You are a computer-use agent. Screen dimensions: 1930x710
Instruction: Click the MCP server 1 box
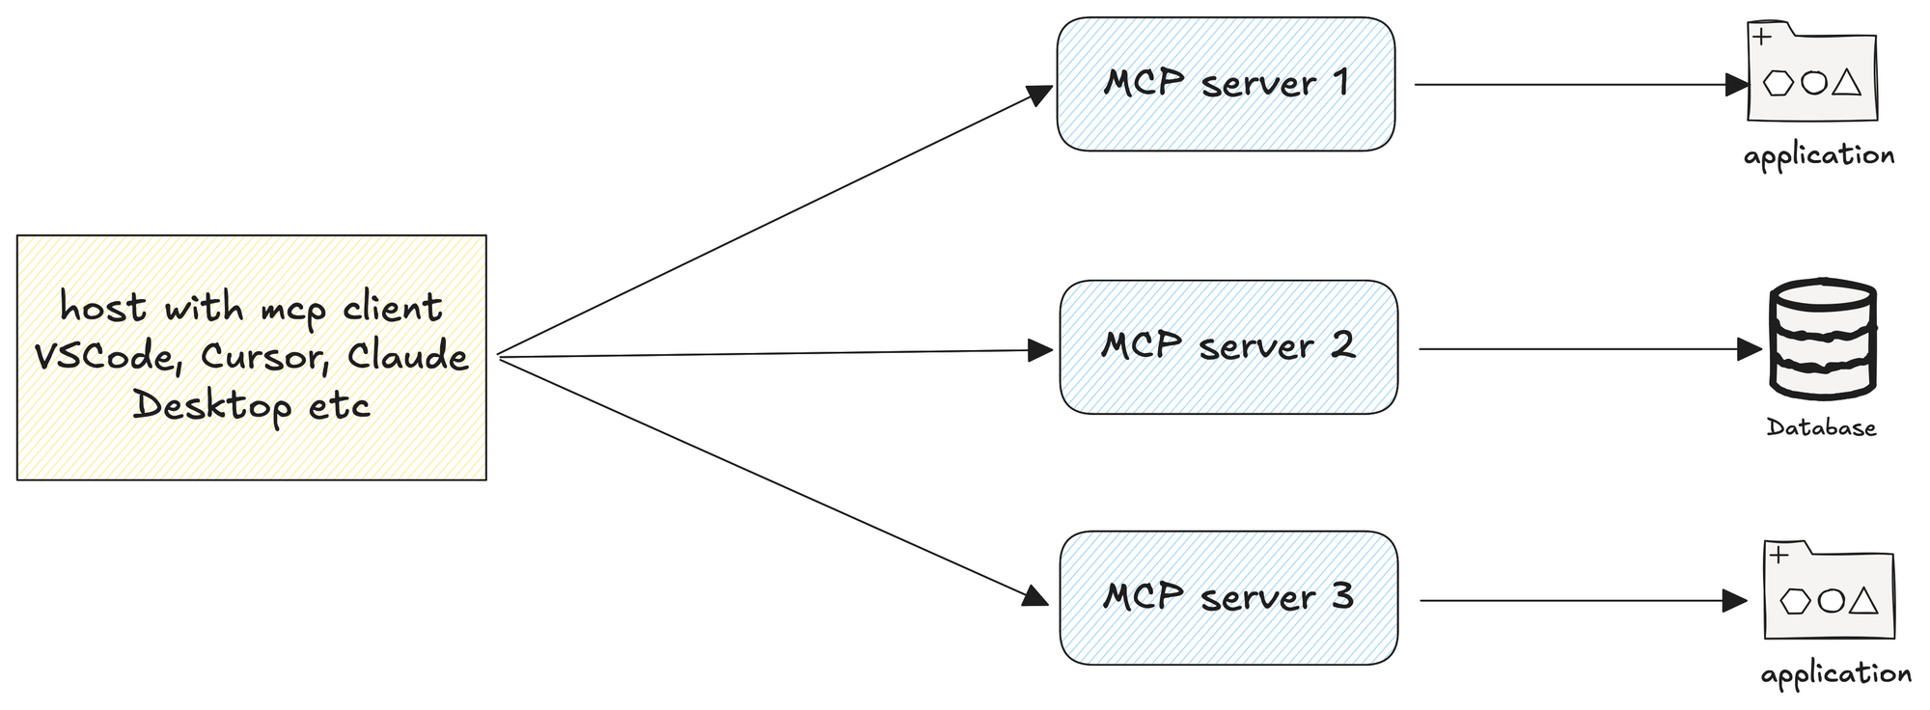click(x=1226, y=84)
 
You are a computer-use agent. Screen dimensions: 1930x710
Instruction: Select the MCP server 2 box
click(x=1228, y=347)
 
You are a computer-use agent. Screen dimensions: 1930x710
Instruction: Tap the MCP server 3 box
click(x=1228, y=598)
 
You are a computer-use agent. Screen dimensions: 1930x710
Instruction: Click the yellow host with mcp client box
click(x=252, y=357)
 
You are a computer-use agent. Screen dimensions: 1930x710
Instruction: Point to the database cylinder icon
click(x=1822, y=340)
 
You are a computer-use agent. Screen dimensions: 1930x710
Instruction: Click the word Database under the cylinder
click(x=1821, y=427)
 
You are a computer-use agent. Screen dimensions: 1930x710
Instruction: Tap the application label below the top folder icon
click(x=1819, y=156)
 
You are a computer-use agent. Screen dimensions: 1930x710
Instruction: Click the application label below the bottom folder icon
click(x=1836, y=674)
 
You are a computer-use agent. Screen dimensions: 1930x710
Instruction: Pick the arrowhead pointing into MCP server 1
click(x=1039, y=96)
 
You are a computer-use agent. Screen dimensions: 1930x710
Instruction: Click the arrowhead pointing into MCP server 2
click(x=1041, y=350)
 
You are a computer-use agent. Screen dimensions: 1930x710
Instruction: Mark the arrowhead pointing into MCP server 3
click(x=1035, y=595)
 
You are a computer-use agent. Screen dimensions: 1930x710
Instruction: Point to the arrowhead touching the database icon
click(x=1750, y=349)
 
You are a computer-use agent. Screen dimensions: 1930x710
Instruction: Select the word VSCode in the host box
click(x=106, y=358)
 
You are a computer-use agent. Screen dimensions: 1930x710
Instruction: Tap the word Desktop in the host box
click(x=212, y=406)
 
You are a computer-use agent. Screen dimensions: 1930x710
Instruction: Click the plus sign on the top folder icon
click(x=1762, y=38)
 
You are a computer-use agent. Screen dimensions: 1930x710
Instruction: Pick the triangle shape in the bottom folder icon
click(x=1864, y=602)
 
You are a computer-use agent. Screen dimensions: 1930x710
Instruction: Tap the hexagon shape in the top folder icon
click(x=1778, y=83)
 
